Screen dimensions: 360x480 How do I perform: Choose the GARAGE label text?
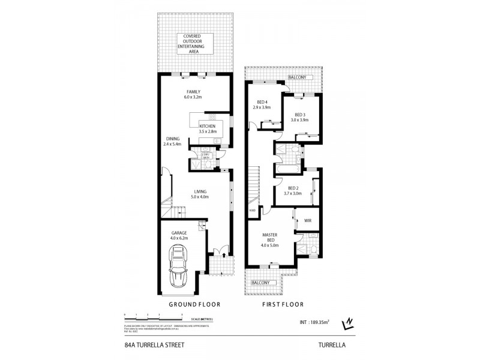(181, 233)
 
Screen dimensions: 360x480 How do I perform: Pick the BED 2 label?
(293, 188)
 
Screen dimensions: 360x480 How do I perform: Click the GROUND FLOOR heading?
(191, 305)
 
